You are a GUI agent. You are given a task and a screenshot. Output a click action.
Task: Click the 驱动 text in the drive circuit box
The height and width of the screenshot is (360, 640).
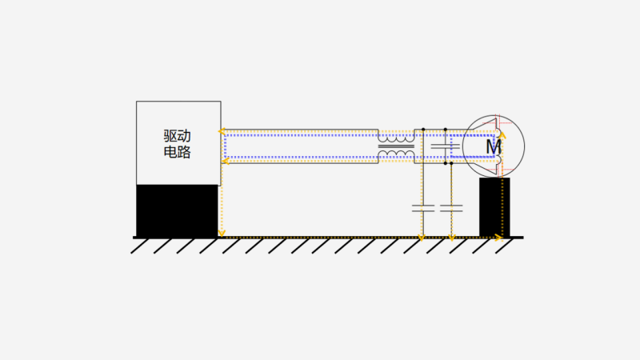tap(177, 136)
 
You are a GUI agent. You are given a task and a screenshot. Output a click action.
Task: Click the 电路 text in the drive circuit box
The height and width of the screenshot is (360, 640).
tap(177, 152)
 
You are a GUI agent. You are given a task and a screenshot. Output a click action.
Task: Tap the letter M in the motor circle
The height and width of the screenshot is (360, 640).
tap(494, 147)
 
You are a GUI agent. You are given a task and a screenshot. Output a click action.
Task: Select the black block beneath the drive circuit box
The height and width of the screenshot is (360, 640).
tap(177, 210)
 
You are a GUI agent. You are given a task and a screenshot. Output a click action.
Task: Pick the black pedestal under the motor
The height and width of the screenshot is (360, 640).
tap(494, 207)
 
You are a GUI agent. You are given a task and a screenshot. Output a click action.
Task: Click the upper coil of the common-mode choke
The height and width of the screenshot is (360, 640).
tap(396, 138)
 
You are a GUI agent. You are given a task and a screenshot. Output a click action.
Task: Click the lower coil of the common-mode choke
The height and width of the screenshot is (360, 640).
tap(396, 154)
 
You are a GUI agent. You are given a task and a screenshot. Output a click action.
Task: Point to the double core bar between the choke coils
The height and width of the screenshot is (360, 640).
tap(396, 146)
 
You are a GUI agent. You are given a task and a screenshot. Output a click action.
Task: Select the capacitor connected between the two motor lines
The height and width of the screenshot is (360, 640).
tap(446, 146)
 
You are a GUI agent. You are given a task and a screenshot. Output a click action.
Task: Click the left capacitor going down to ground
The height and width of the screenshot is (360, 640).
tap(423, 208)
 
